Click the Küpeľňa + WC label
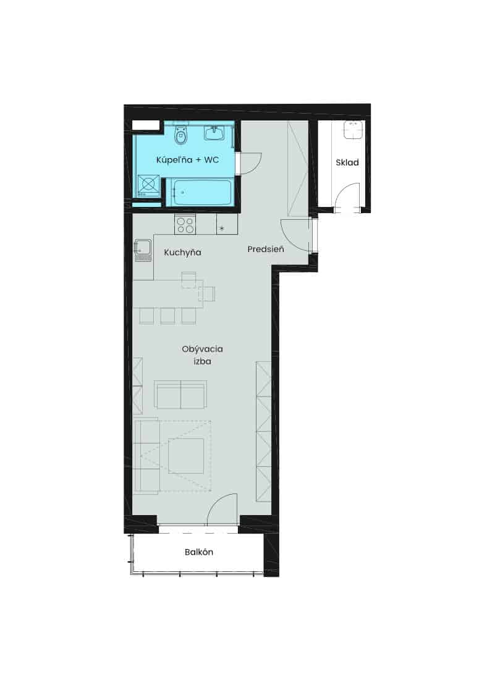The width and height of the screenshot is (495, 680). (x=187, y=160)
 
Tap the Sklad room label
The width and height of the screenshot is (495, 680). (x=347, y=162)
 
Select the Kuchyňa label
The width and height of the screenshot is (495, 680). (x=183, y=253)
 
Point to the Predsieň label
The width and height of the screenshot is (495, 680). (x=266, y=249)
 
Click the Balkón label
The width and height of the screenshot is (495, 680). (x=199, y=552)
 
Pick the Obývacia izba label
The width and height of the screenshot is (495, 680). (x=203, y=355)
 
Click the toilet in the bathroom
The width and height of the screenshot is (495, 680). (x=180, y=135)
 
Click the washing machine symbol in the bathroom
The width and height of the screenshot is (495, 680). (x=148, y=185)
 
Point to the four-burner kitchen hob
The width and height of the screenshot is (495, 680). (x=185, y=224)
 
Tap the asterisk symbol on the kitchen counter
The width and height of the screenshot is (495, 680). (x=222, y=228)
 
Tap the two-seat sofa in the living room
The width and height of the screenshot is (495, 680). (x=180, y=395)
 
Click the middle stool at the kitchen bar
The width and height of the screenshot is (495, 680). (x=167, y=316)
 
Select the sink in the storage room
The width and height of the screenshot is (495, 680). (x=353, y=130)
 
